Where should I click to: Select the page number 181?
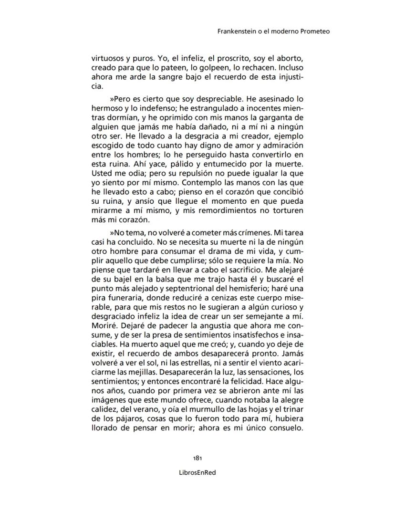197,458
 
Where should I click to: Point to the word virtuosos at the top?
108,59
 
